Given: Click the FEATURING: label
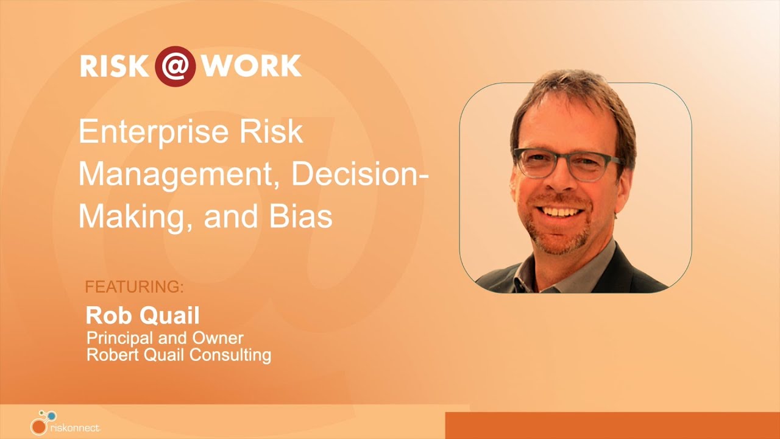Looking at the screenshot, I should (134, 287).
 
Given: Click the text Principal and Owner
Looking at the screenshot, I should (165, 338).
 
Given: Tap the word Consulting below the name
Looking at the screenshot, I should (230, 355).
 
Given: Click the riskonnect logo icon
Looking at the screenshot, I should (42, 421).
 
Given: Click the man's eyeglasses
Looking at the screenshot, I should (567, 163).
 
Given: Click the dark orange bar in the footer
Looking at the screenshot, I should (612, 426).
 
